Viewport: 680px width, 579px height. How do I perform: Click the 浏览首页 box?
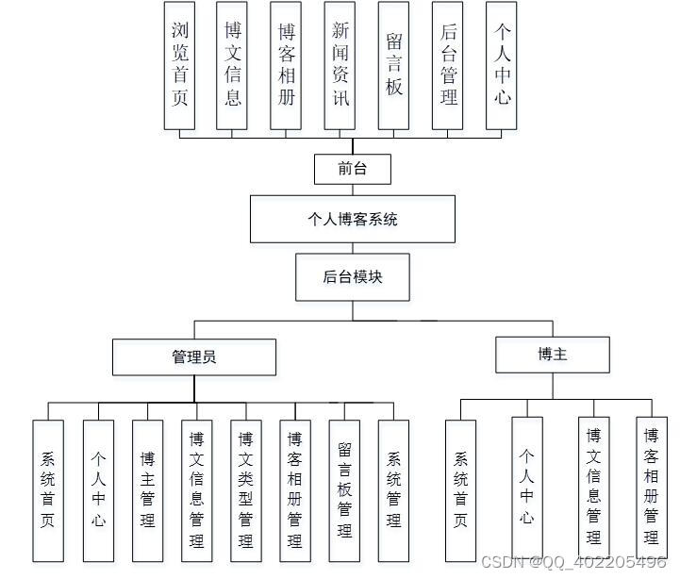pos(179,65)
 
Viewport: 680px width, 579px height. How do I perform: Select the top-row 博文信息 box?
pos(233,65)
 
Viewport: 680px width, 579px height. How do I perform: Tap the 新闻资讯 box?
pos(340,65)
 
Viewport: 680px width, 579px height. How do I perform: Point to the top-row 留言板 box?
pos(394,65)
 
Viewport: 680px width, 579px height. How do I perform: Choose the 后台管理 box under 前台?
pos(449,65)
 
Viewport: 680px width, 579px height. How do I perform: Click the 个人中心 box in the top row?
pos(503,65)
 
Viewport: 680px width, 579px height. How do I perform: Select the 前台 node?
pos(352,169)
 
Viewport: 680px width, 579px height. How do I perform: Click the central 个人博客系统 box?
pos(353,219)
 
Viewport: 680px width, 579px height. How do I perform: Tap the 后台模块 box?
pos(353,276)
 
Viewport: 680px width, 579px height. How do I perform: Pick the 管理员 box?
pos(194,356)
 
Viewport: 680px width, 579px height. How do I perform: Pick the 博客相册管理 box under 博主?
pos(651,486)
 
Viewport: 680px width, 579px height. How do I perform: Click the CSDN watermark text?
pos(573,562)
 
